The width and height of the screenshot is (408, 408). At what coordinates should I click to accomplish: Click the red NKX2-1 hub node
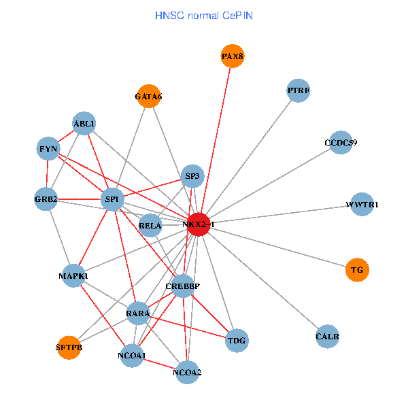click(x=198, y=224)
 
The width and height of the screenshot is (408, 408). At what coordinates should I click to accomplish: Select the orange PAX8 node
click(x=232, y=56)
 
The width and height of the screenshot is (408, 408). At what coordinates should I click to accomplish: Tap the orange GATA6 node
click(x=148, y=96)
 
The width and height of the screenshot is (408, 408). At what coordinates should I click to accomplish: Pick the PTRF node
click(x=299, y=90)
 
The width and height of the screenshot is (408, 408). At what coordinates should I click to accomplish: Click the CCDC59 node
click(x=340, y=143)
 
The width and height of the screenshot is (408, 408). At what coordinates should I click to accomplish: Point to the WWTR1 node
click(x=362, y=204)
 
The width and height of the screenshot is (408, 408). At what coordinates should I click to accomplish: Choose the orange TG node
click(x=357, y=270)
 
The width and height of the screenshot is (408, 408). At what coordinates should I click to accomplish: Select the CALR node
click(x=327, y=337)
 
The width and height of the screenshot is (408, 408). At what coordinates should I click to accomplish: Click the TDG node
click(x=237, y=339)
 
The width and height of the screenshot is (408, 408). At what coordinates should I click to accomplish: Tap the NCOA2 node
click(x=188, y=372)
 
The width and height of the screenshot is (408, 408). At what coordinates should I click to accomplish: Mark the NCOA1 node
click(x=132, y=356)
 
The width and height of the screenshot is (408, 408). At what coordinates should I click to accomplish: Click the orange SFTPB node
click(x=69, y=347)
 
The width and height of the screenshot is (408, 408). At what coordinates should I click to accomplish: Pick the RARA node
click(x=138, y=313)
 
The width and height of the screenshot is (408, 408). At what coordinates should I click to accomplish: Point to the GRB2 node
click(x=46, y=199)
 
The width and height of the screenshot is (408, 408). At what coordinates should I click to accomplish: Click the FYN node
click(x=48, y=148)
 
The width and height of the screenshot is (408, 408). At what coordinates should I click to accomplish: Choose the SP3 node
click(x=192, y=177)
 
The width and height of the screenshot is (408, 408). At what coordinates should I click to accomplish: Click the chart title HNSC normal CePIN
click(x=204, y=14)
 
